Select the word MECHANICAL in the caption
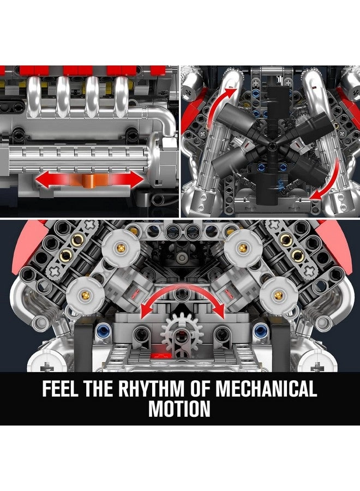click(x=266, y=390)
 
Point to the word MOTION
click(x=180, y=409)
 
